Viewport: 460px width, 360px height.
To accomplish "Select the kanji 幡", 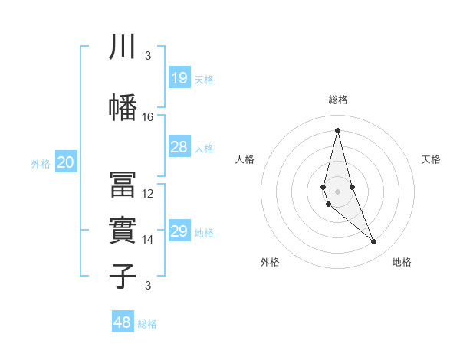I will point(123,107).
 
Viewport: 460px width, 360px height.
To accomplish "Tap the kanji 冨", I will point(123,184).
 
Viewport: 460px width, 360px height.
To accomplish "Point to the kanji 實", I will point(123,230).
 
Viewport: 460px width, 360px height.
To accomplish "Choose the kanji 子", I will point(123,276).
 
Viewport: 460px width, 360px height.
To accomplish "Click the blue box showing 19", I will point(179,78).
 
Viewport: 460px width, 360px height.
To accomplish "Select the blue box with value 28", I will point(179,147).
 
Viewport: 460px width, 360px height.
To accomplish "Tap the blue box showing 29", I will point(179,231).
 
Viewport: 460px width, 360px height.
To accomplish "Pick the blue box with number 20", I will point(66,162).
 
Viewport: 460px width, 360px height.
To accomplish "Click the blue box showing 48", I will point(123,322).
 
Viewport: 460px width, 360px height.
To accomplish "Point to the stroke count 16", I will point(148,117).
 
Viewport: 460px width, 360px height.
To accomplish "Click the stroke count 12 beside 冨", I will point(148,194).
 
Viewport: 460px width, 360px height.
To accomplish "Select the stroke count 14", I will point(148,240).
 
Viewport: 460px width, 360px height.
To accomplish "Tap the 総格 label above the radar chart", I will point(338,100).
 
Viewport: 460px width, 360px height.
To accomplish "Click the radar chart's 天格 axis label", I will point(432,159).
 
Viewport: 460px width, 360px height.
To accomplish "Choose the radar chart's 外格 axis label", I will point(270,262).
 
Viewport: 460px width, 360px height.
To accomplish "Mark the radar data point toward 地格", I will point(374,242).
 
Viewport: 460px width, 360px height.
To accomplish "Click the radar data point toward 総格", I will point(337,129).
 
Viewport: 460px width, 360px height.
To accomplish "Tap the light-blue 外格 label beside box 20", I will point(41,163).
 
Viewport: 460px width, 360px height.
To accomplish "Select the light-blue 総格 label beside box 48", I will point(147,324).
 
